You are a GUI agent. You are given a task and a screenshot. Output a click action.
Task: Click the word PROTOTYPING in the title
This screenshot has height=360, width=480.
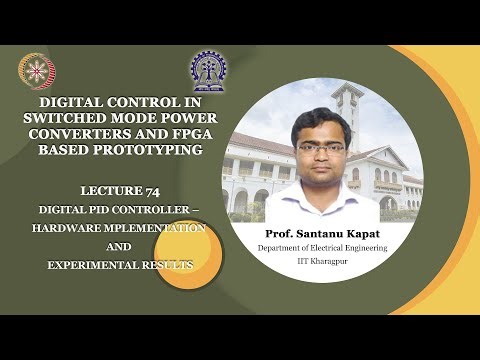(176, 150)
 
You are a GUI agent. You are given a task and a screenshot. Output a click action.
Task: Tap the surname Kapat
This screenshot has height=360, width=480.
(367, 232)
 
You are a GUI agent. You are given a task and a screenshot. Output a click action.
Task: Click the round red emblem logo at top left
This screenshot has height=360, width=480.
(36, 71)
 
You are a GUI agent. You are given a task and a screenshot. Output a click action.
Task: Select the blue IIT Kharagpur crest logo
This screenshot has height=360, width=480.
(209, 71)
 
